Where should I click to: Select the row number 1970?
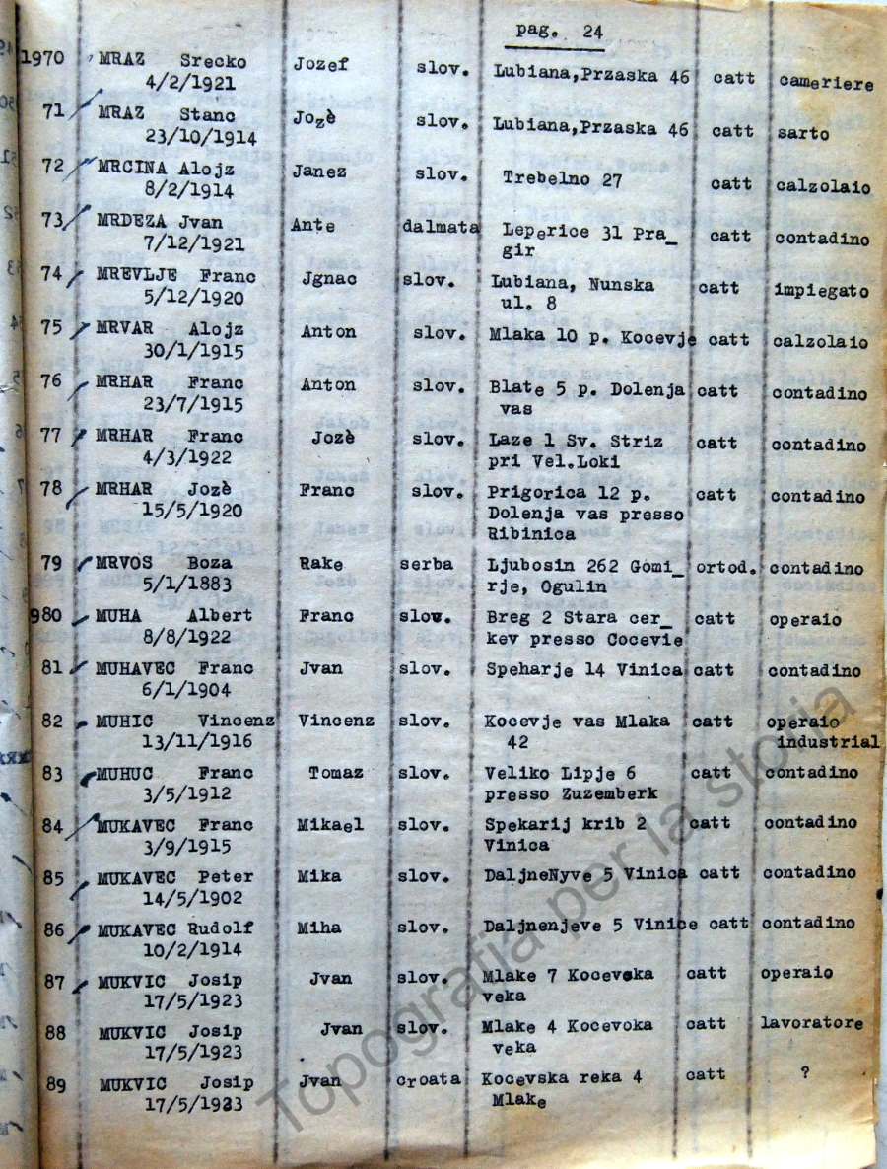42,58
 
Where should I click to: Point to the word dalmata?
441,227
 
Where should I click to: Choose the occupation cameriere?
826,84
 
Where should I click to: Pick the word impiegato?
821,292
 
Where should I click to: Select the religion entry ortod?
728,569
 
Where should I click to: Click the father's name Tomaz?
335,773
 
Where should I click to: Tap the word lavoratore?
811,1024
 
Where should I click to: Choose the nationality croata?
429,1079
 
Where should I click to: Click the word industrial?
827,741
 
